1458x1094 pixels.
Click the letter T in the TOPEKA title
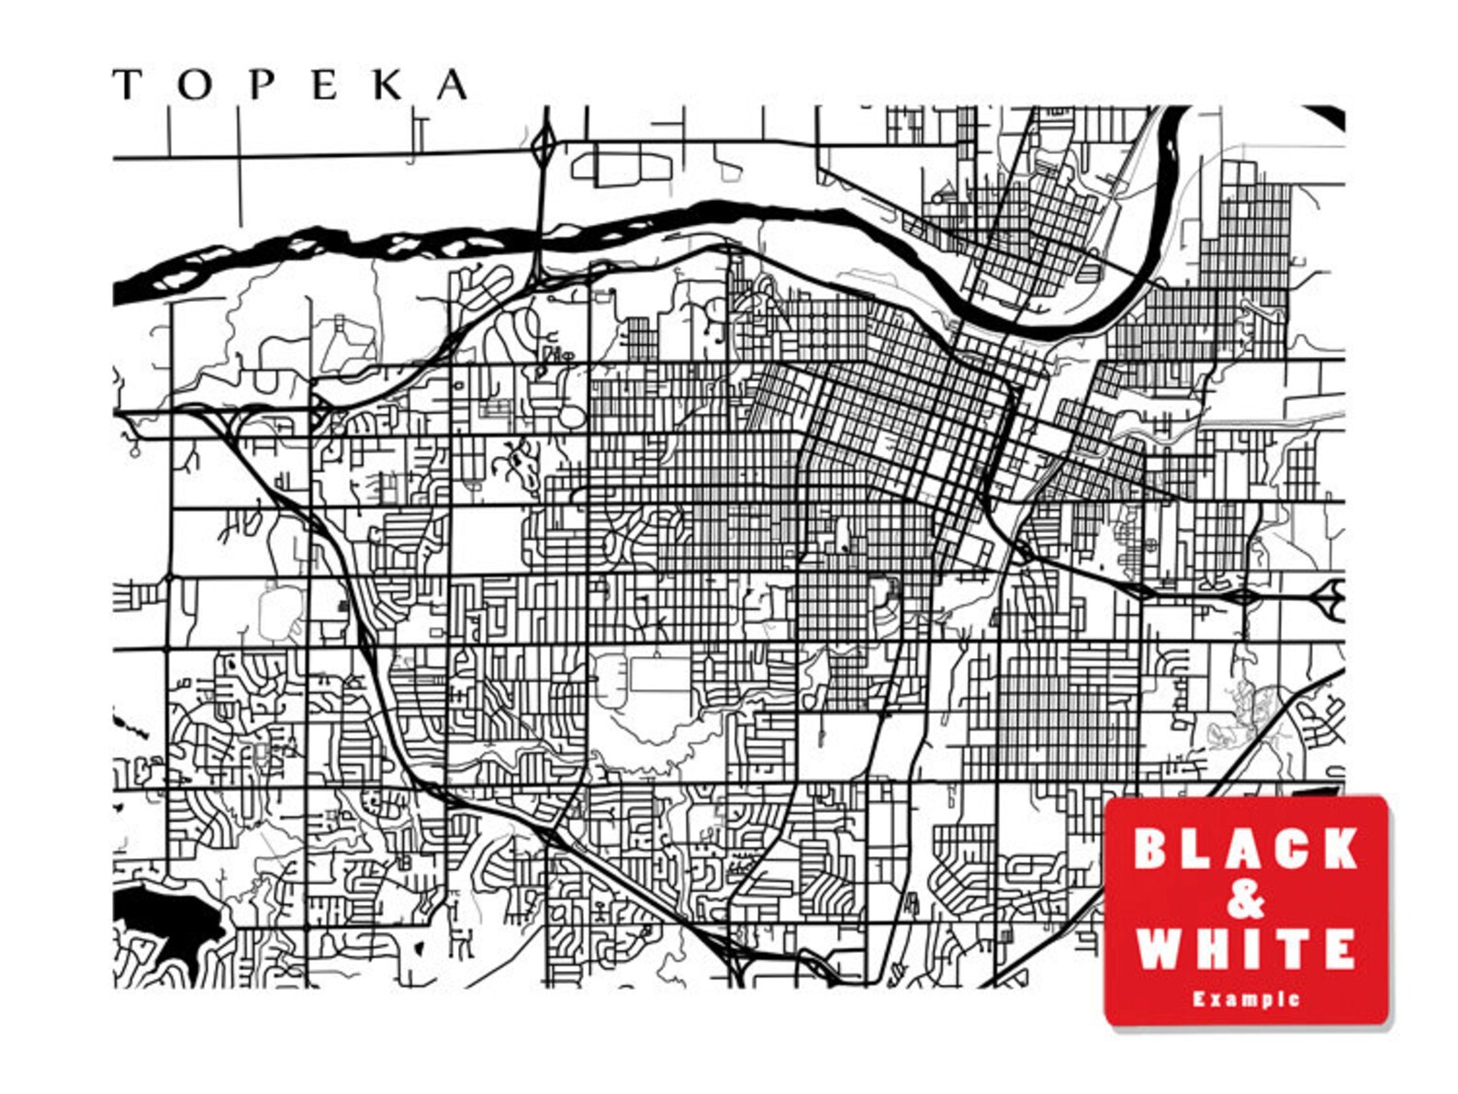pyautogui.click(x=127, y=85)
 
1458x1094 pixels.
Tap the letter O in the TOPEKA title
pyautogui.click(x=195, y=85)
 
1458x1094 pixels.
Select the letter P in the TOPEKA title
pyautogui.click(x=262, y=85)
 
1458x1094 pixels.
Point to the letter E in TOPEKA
pyautogui.click(x=325, y=85)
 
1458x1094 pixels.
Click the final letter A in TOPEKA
pyautogui.click(x=452, y=85)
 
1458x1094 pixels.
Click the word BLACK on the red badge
pyautogui.click(x=1245, y=848)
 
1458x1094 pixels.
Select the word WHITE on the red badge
pyautogui.click(x=1245, y=948)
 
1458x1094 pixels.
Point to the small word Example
pyautogui.click(x=1246, y=999)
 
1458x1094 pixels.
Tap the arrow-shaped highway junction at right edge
pyautogui.click(x=1329, y=597)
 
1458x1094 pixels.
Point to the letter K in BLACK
pyautogui.click(x=1339, y=848)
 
